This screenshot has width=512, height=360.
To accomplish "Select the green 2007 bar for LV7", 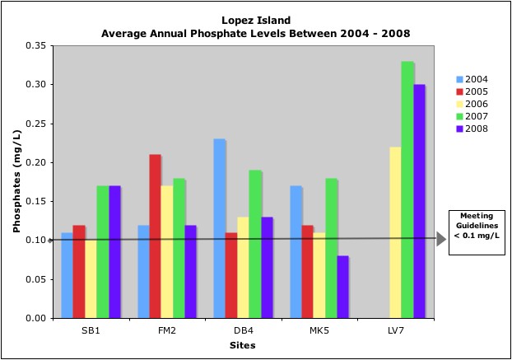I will [x=407, y=189].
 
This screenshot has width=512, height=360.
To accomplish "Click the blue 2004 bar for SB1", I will [x=67, y=275].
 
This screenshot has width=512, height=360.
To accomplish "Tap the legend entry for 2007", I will [x=472, y=116].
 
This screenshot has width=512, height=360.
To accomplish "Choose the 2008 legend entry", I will [x=472, y=129].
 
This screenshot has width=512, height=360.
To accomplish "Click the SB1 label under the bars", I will [x=91, y=330].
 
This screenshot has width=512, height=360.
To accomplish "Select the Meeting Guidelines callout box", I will [x=477, y=231].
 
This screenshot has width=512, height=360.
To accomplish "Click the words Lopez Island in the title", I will [x=255, y=20].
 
